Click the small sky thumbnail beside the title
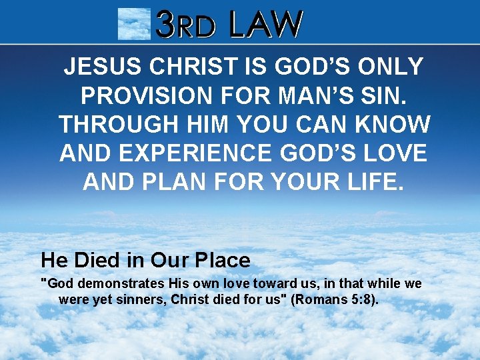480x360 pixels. tap(133, 24)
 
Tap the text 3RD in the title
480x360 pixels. tap(186, 25)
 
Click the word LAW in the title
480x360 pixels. tap(265, 25)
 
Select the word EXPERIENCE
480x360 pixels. tap(196, 153)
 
